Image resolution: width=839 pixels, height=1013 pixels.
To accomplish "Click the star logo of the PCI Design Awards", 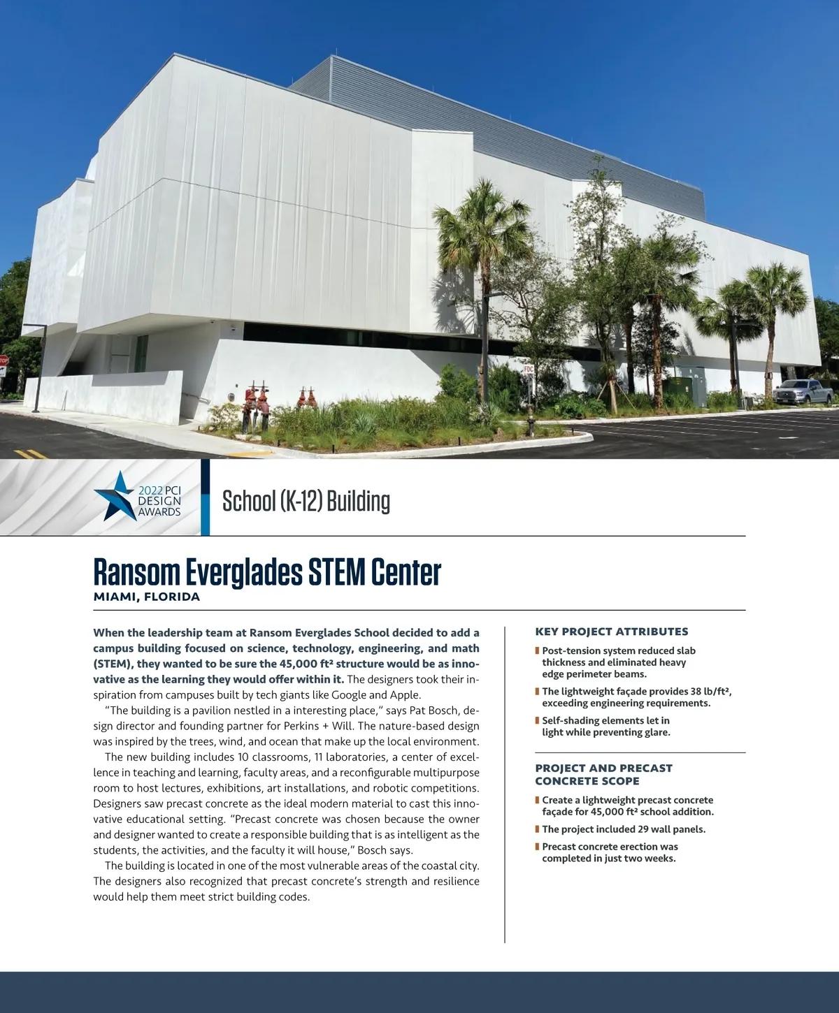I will [x=116, y=495].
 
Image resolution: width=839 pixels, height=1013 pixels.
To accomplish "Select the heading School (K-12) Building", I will [x=306, y=502].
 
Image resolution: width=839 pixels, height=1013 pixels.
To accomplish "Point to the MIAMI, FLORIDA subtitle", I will [x=147, y=597].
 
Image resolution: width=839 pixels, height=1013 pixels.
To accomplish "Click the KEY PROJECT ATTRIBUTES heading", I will [x=611, y=632].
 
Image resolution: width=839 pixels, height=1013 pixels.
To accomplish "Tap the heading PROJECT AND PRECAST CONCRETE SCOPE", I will [x=603, y=774].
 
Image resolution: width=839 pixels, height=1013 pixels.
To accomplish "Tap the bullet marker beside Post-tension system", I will [x=537, y=651].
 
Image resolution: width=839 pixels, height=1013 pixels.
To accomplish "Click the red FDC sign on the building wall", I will [x=529, y=366].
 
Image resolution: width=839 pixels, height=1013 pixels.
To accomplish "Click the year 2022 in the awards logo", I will [x=150, y=490].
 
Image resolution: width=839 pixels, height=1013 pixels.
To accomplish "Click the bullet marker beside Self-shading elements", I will [x=537, y=720].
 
